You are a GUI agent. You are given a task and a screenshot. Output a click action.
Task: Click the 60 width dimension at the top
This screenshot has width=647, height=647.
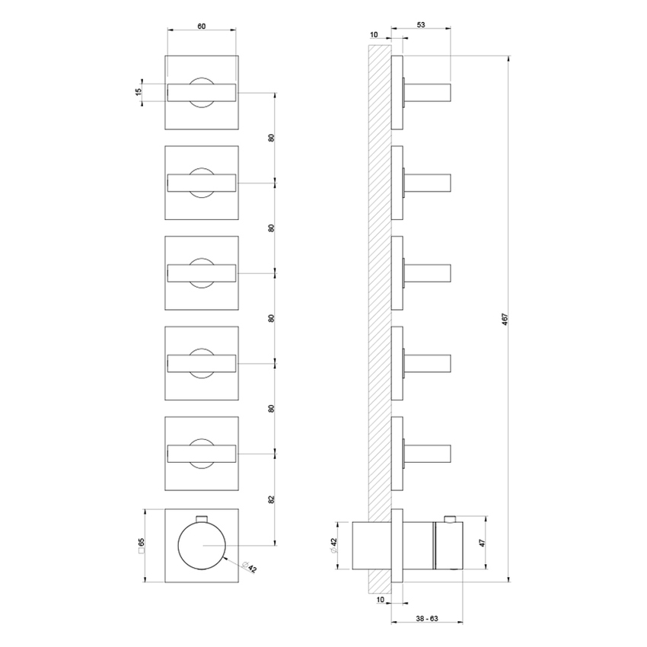coord(201,26)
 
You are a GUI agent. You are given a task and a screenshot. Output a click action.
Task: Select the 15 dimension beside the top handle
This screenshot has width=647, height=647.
coord(138,91)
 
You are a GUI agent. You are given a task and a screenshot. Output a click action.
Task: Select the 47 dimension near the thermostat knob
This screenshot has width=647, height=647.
coord(481,543)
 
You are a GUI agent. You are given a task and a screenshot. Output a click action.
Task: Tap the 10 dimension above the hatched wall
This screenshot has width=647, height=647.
coord(374,35)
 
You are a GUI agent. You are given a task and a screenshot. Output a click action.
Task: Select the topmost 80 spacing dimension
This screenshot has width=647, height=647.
coord(271,138)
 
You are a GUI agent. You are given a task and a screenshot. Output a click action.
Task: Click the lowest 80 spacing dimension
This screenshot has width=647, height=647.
coord(271,409)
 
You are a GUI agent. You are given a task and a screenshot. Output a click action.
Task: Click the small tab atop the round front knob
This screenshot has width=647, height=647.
coord(202,519)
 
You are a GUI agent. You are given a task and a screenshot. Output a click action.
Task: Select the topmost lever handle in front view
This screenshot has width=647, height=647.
coord(202,92)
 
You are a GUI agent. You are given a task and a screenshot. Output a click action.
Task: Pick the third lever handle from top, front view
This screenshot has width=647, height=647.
coord(202,273)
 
